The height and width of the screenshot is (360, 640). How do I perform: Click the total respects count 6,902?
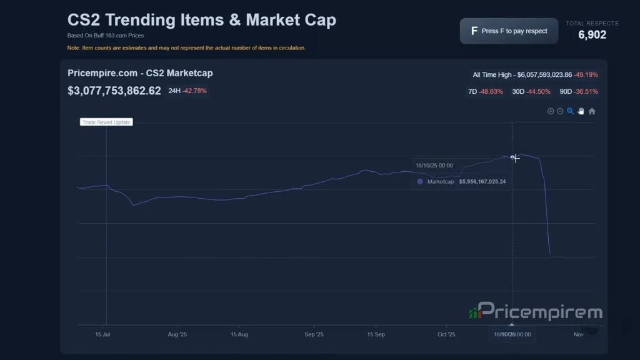click(592, 35)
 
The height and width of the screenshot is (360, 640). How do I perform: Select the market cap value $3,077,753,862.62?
click(114, 91)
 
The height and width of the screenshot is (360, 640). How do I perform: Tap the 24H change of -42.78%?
click(194, 91)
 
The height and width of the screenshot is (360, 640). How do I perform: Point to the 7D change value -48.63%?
click(491, 92)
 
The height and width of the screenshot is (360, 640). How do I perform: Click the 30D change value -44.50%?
click(539, 92)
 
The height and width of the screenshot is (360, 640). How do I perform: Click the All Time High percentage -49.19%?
click(585, 75)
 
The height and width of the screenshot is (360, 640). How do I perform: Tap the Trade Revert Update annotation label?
click(106, 122)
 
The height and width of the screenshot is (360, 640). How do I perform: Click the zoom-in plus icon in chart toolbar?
click(551, 111)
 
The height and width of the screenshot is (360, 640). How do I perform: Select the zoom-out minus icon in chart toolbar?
click(560, 111)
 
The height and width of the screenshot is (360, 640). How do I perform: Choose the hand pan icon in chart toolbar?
click(581, 111)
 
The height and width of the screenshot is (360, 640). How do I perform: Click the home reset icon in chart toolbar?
click(592, 111)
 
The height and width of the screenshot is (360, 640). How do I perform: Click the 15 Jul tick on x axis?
click(102, 334)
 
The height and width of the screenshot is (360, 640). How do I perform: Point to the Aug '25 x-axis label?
click(177, 334)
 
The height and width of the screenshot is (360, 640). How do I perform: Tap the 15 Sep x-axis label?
click(376, 334)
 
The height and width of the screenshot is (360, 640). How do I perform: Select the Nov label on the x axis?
click(578, 334)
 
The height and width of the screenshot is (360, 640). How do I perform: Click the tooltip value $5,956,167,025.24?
click(482, 182)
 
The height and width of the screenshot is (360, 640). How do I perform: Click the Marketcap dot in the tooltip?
click(420, 182)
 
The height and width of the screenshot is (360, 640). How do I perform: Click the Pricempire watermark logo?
click(535, 312)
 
